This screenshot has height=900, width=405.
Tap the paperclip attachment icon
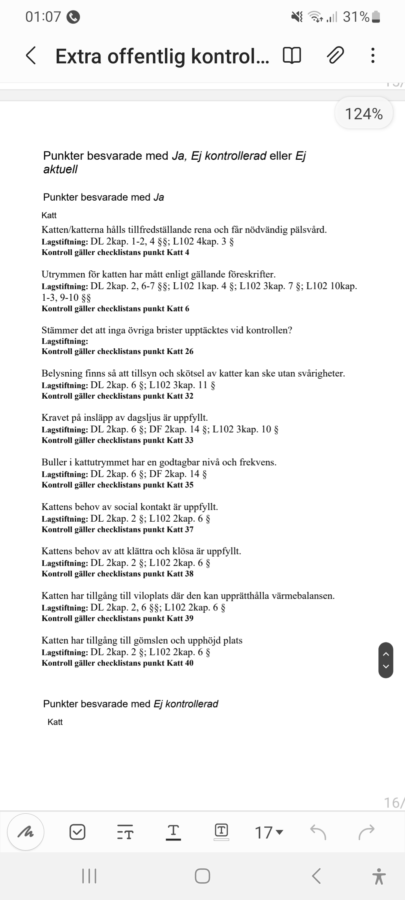[x=335, y=55]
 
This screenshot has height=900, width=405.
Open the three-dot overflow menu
[x=372, y=55]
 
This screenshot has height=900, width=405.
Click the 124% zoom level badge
[x=363, y=114]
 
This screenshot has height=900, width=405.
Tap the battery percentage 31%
[x=356, y=17]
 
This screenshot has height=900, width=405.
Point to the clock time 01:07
[x=43, y=17]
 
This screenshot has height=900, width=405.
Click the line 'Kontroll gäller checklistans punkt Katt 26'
[x=117, y=351]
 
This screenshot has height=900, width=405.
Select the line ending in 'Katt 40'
[x=117, y=663]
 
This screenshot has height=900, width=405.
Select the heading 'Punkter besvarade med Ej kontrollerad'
[x=130, y=704]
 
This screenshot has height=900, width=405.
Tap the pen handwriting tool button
[x=26, y=832]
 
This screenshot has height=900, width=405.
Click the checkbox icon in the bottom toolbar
[x=78, y=832]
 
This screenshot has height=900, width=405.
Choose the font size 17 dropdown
[x=268, y=832]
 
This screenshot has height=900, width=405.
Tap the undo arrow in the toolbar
[x=318, y=832]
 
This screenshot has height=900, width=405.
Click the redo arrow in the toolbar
[x=366, y=832]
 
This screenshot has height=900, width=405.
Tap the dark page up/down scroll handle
[x=386, y=660]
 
